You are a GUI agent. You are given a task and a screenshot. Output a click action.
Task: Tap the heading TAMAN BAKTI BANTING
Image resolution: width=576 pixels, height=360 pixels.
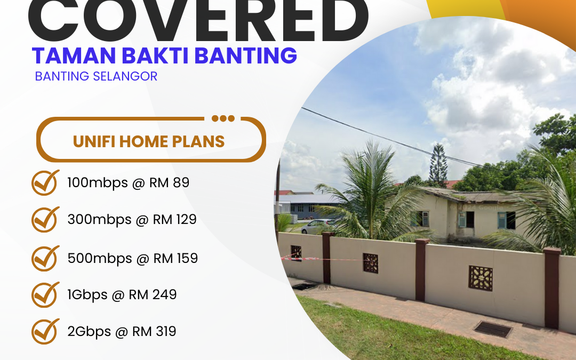164,55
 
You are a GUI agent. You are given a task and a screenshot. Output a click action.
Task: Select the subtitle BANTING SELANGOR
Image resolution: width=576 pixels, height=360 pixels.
96,76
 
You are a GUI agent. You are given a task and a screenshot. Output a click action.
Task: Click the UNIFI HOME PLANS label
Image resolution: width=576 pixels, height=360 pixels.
149,141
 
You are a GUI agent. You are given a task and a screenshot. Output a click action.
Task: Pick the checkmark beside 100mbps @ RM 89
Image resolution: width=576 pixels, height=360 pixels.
45,182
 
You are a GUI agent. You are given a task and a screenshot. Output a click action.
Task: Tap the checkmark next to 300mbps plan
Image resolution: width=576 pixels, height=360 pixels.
45,219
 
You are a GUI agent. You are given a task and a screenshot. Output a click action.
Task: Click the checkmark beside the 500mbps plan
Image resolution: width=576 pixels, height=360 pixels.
45,258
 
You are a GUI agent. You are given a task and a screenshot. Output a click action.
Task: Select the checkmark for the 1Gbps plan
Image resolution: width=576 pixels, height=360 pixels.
45,294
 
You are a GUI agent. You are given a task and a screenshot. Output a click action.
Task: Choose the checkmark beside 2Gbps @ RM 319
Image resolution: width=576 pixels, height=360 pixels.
45,331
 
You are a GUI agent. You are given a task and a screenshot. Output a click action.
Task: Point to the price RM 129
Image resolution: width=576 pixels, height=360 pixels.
175,219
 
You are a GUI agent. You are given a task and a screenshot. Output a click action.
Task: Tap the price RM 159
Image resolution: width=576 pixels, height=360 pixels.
175,259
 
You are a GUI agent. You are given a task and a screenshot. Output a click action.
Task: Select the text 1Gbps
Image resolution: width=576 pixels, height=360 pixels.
87,295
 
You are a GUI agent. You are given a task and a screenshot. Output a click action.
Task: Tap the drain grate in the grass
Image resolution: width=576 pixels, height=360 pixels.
493,329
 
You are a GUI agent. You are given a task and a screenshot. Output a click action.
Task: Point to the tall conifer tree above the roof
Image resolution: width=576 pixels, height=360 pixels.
438,165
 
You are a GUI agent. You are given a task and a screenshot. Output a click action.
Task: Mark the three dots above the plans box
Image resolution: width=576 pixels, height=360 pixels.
223,118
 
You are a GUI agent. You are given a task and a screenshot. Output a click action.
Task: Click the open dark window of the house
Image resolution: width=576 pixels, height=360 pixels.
469,219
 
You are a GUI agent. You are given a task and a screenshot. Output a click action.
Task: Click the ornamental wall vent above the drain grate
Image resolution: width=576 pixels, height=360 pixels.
480,277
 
